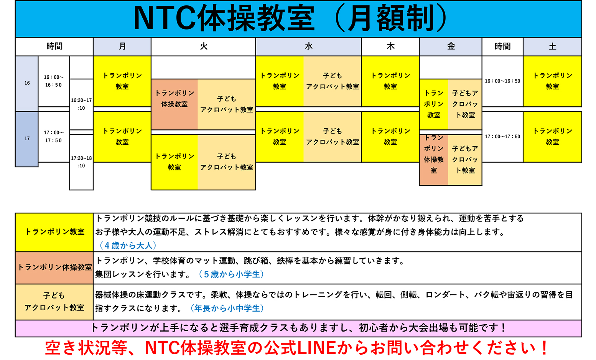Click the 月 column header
click(x=122, y=46)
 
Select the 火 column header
click(x=203, y=46)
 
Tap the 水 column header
click(x=308, y=46)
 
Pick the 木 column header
click(x=390, y=46)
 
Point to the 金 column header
click(x=451, y=46)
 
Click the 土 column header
click(x=552, y=46)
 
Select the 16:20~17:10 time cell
click(x=81, y=104)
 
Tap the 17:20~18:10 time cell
click(x=81, y=162)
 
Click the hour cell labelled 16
click(x=27, y=83)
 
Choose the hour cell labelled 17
click(x=27, y=139)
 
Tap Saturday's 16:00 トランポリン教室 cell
click(x=552, y=81)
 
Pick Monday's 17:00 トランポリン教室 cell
click(x=122, y=136)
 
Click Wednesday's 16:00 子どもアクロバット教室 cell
click(x=333, y=81)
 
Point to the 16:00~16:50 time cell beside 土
click(x=502, y=81)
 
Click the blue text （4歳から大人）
click(x=128, y=246)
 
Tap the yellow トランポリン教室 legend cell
click(x=54, y=232)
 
